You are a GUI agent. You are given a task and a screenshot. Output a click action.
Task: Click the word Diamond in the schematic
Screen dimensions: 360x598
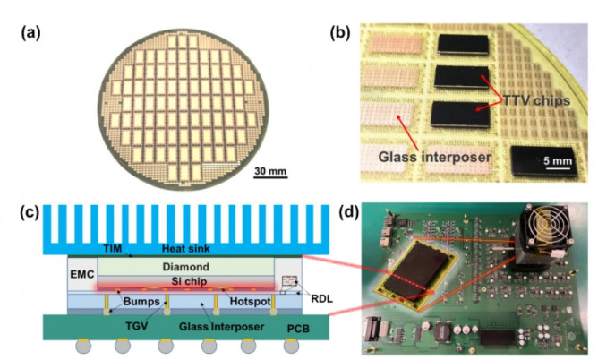coord(186,266)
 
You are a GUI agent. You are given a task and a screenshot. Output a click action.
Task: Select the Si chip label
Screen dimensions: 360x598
coord(186,282)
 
